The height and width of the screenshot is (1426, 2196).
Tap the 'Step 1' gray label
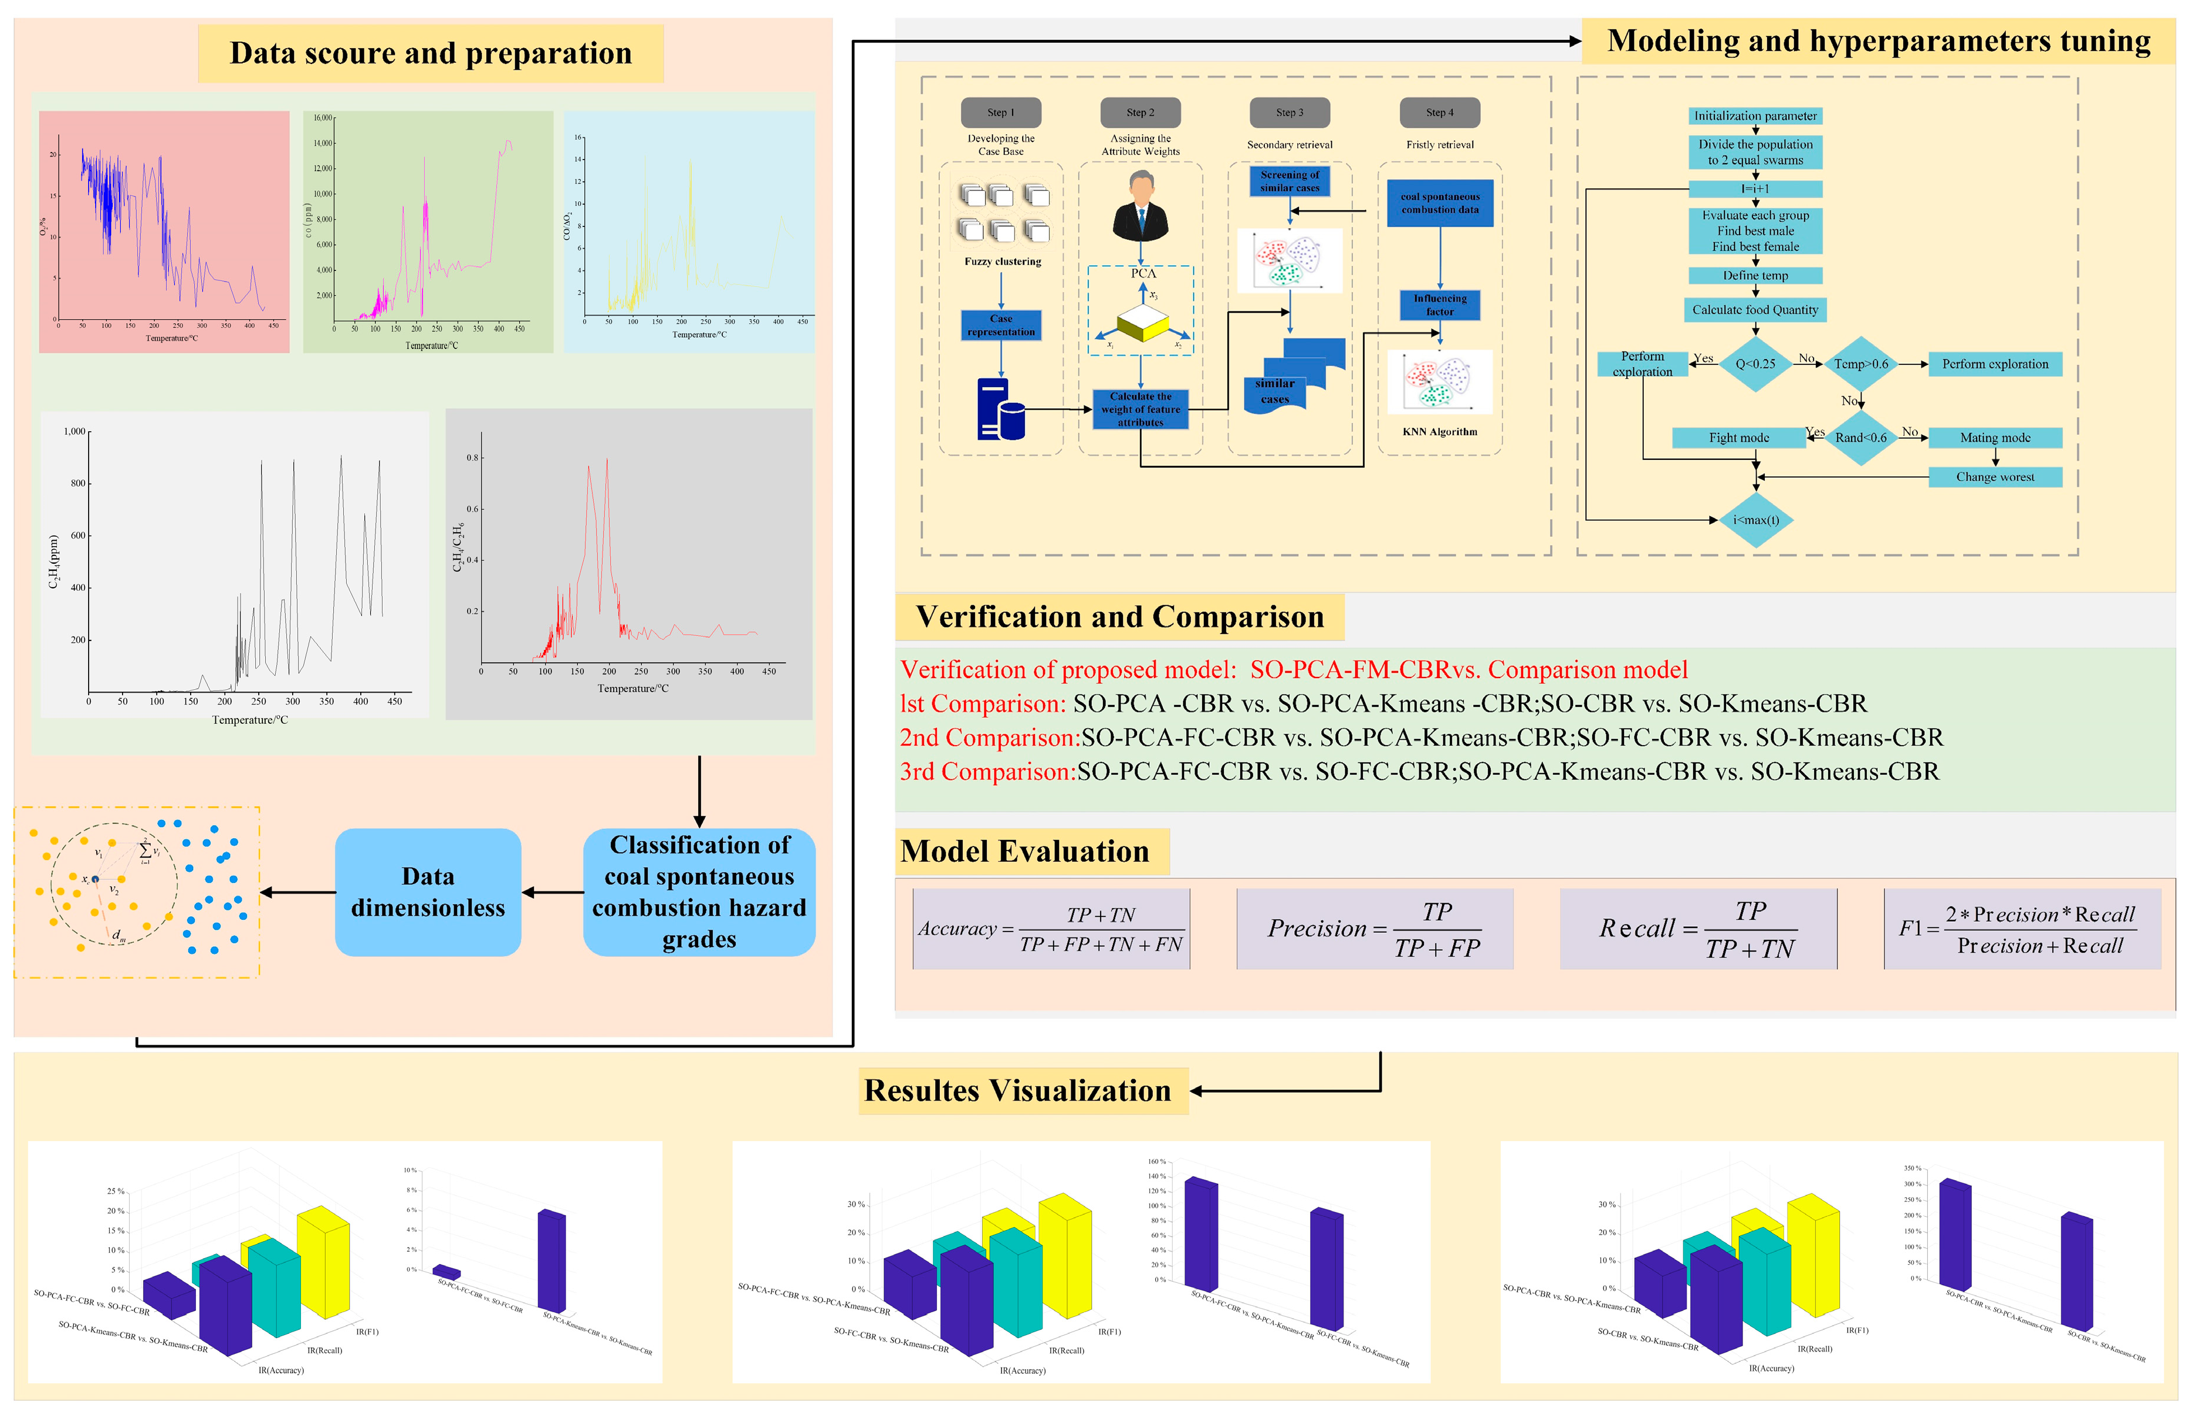tap(1000, 113)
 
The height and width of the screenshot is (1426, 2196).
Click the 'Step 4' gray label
tap(1439, 113)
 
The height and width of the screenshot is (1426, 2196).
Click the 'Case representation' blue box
tap(1000, 325)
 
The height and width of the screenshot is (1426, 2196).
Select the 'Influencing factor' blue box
tap(1439, 304)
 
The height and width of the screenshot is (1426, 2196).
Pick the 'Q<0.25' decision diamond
tap(1755, 364)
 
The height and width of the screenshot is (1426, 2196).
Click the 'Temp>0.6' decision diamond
tap(1860, 364)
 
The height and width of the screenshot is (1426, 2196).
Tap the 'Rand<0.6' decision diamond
tap(1860, 437)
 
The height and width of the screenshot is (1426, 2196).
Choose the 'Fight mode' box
tap(1738, 437)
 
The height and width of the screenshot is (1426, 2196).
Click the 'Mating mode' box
tap(1995, 437)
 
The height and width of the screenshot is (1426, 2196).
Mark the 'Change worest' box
tap(1995, 477)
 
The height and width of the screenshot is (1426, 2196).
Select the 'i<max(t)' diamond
tap(1755, 519)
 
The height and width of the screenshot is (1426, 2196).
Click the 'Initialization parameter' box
tap(1755, 116)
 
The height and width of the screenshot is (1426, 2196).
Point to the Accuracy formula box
tap(1051, 928)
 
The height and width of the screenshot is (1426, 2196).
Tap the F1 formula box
tap(2022, 928)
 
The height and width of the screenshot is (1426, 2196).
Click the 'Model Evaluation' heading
tap(1025, 851)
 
